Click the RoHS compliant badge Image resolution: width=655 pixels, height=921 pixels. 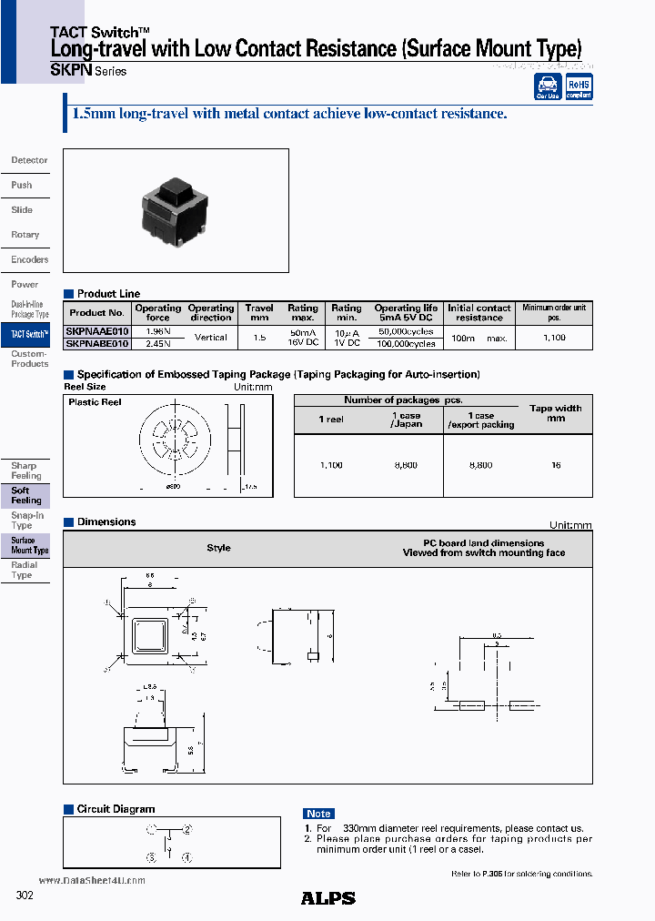coord(579,86)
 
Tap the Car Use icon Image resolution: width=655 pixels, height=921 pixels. coord(548,86)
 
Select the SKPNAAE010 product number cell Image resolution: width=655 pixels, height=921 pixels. coord(97,332)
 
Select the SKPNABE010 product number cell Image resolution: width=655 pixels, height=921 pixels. coord(97,343)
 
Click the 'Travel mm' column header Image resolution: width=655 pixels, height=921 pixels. coord(259,313)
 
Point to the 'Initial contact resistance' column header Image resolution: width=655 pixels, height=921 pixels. coord(479,313)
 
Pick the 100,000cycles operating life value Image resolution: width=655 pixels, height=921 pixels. coord(405,343)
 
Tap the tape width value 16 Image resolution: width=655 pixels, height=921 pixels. coord(556,465)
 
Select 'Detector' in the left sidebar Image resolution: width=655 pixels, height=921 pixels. coord(29,160)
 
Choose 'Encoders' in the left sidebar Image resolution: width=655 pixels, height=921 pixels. coord(29,259)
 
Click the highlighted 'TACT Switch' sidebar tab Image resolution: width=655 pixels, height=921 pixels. coord(28,335)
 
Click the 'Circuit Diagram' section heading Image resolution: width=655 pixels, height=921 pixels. coord(116,809)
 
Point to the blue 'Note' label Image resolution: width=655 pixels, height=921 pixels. coord(318,814)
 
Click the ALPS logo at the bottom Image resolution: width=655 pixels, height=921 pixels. coord(327,898)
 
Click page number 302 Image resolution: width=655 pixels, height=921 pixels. coord(25,896)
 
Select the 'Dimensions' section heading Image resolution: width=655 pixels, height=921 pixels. coord(106,522)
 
